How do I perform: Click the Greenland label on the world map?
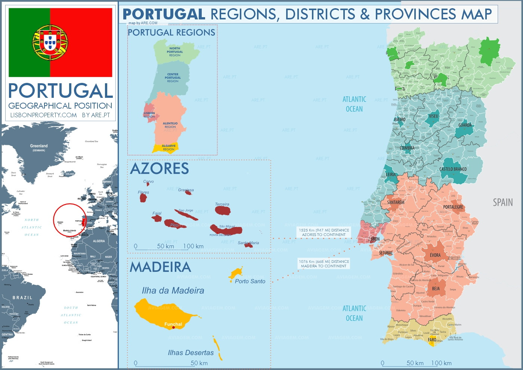coord(39,146)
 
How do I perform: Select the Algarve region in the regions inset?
coord(166,148)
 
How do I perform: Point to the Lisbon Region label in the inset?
coord(149,115)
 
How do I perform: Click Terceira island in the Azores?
coord(223,210)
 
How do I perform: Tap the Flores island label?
coord(143,192)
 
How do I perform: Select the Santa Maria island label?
coord(248,243)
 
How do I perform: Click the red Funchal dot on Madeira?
coord(173,327)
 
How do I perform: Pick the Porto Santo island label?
coord(250,281)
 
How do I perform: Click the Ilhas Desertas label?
coord(191,352)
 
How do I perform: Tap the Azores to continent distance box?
coord(324,232)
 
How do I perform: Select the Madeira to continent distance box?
coord(324,264)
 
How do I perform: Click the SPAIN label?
coord(502,202)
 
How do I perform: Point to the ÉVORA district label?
coord(435,255)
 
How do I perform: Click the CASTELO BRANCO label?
coord(453,169)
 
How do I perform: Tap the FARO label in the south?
coord(432,340)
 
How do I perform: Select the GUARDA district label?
coord(465,125)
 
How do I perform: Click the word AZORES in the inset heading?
coord(160,169)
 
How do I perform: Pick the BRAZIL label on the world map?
coord(22,298)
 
